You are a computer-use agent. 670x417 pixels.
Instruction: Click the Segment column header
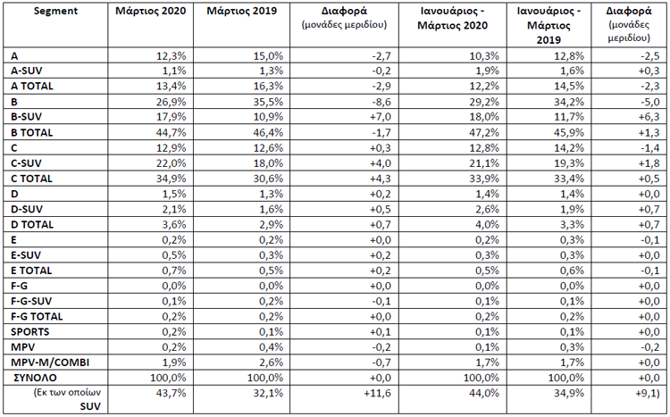(x=55, y=11)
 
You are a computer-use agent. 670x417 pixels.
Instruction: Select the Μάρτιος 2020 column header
(x=150, y=11)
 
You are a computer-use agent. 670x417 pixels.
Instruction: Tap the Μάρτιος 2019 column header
(x=242, y=11)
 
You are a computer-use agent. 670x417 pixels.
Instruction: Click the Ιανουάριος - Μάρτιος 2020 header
(x=453, y=19)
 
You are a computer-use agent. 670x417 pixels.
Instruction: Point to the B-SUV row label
(x=27, y=117)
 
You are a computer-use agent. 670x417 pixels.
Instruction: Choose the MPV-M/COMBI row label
(x=50, y=363)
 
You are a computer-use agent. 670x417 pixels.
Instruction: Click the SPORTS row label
(x=29, y=332)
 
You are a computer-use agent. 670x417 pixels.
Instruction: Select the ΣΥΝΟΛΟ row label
(x=35, y=378)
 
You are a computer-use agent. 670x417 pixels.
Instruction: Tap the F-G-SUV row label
(x=31, y=301)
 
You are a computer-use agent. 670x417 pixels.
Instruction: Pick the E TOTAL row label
(x=31, y=271)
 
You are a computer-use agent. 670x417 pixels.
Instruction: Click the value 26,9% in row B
(x=171, y=102)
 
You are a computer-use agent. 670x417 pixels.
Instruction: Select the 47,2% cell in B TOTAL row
(x=484, y=132)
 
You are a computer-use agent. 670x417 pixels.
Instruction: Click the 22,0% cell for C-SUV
(x=171, y=163)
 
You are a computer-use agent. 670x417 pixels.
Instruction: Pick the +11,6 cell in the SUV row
(x=377, y=393)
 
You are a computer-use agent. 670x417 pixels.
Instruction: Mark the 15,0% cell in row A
(x=268, y=56)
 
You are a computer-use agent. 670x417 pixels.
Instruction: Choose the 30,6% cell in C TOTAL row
(x=268, y=179)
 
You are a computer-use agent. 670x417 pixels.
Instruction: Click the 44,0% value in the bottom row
(x=484, y=393)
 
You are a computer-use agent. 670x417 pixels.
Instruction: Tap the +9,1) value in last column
(x=649, y=393)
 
